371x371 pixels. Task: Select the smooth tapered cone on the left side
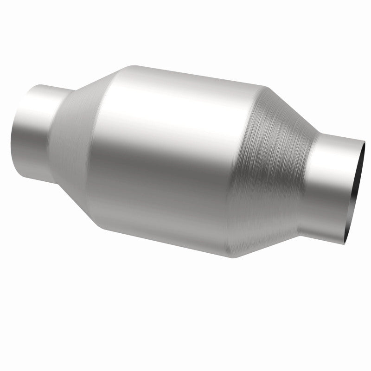[x=79, y=134]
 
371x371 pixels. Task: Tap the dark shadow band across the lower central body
[x=167, y=185]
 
